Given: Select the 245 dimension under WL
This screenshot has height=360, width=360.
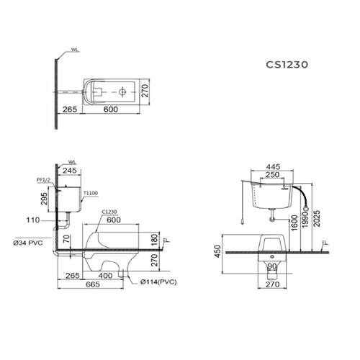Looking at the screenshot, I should point(71,171).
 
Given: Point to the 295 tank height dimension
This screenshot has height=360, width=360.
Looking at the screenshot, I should point(45,197).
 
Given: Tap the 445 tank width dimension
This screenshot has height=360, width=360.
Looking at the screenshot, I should point(272,166).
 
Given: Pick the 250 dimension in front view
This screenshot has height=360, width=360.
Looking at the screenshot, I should point(272,176).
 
